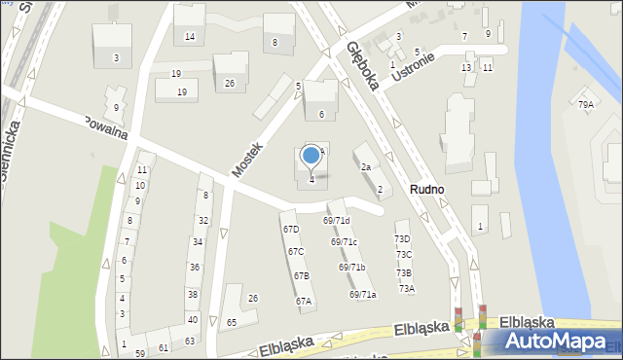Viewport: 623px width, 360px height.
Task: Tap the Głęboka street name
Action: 361,67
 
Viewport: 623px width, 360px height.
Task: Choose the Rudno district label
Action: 427,190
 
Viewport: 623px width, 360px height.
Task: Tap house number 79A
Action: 585,104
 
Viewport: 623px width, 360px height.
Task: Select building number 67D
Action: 291,230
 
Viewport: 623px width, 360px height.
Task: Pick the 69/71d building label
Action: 337,222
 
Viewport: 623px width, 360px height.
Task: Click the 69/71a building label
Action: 362,294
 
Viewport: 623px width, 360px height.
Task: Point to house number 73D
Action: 402,239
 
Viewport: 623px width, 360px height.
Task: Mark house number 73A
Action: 406,288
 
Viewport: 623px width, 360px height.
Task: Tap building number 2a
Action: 366,167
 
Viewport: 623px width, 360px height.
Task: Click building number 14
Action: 190,37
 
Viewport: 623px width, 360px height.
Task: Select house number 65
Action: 232,322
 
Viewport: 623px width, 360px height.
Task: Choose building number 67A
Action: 304,302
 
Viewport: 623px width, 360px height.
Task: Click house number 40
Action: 192,319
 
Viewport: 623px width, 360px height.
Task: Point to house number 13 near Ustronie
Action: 466,67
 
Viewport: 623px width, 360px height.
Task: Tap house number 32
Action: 202,221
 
